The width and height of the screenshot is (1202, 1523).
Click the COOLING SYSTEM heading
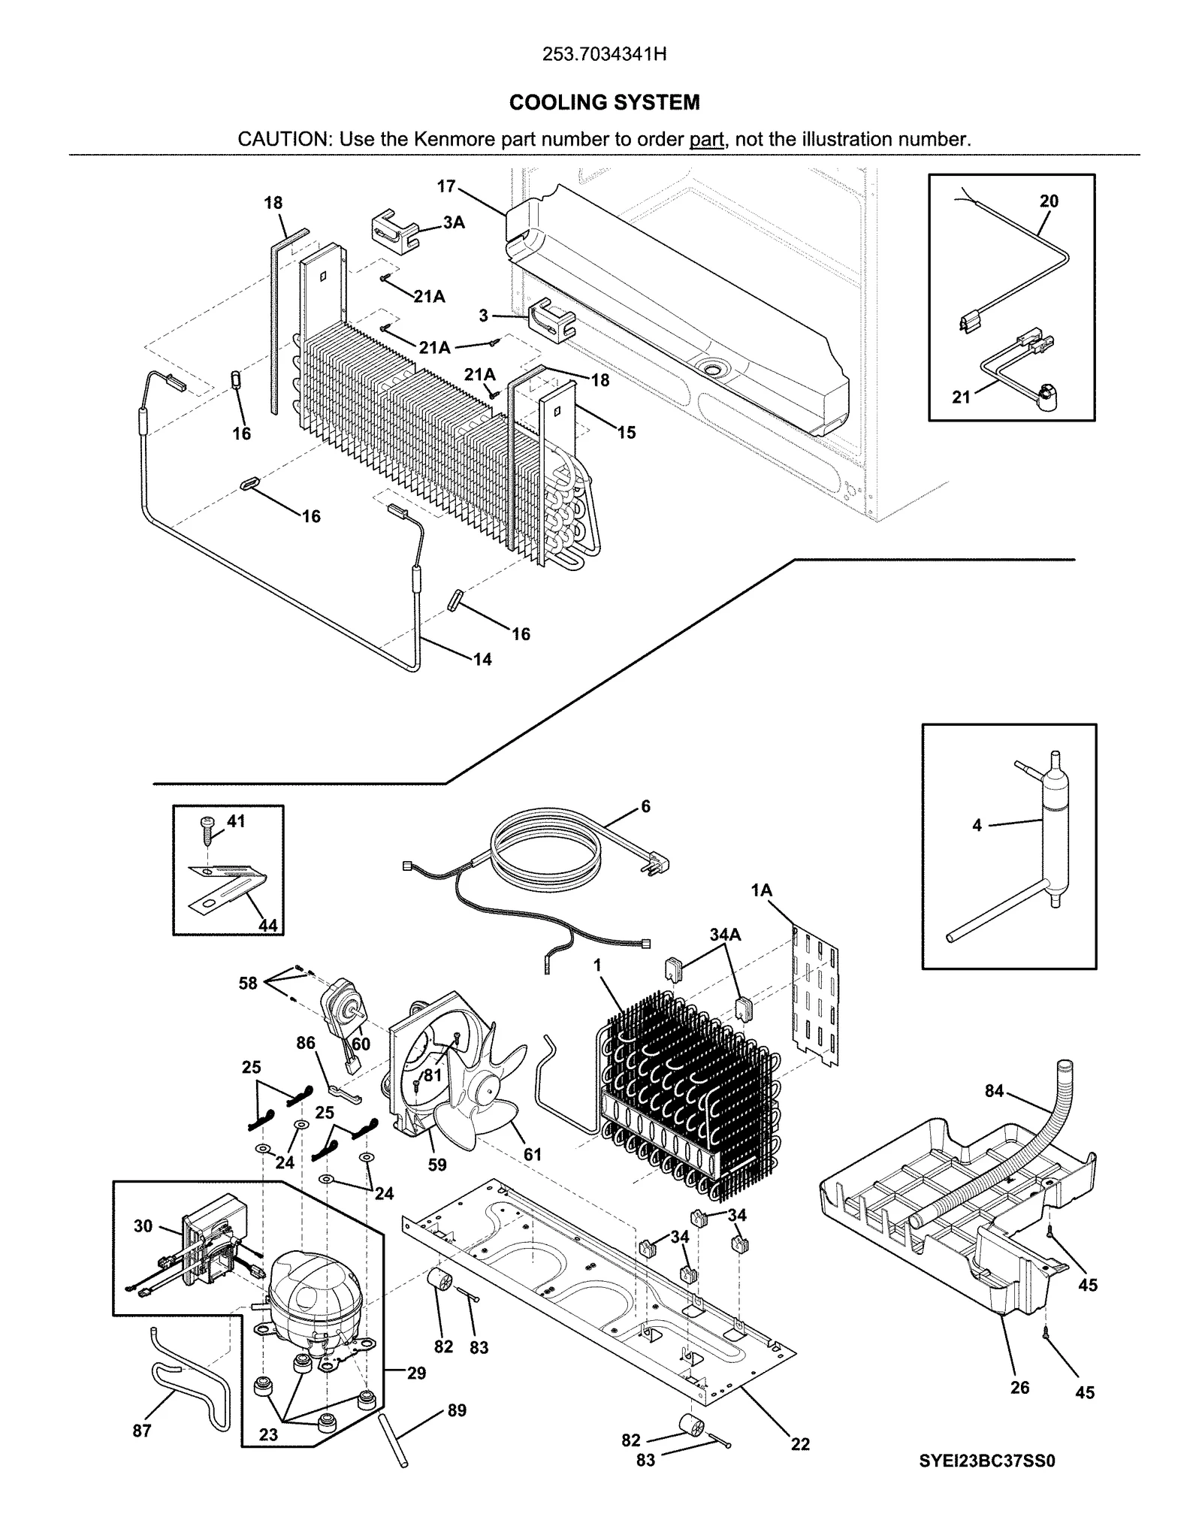pyautogui.click(x=604, y=102)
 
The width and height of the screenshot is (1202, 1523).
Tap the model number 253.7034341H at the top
pyautogui.click(x=604, y=55)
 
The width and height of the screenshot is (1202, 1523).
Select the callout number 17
pyautogui.click(x=445, y=186)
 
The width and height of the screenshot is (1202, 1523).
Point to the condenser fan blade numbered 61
pyautogui.click(x=481, y=1104)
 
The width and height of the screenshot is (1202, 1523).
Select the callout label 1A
pyautogui.click(x=761, y=890)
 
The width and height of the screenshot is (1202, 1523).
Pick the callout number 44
pyautogui.click(x=267, y=925)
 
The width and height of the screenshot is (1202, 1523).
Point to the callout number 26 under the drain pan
pyautogui.click(x=1019, y=1387)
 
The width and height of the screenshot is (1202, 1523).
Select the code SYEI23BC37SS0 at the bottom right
pyautogui.click(x=987, y=1461)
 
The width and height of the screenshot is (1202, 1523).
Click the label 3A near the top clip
pyautogui.click(x=453, y=222)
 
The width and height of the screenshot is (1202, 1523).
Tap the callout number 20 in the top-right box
pyautogui.click(x=1049, y=201)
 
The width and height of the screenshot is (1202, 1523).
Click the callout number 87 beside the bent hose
pyautogui.click(x=142, y=1431)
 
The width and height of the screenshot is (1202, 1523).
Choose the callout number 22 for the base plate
pyautogui.click(x=800, y=1443)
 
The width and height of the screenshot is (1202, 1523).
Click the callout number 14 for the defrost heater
pyautogui.click(x=482, y=659)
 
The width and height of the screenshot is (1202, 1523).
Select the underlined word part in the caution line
pyautogui.click(x=706, y=139)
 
